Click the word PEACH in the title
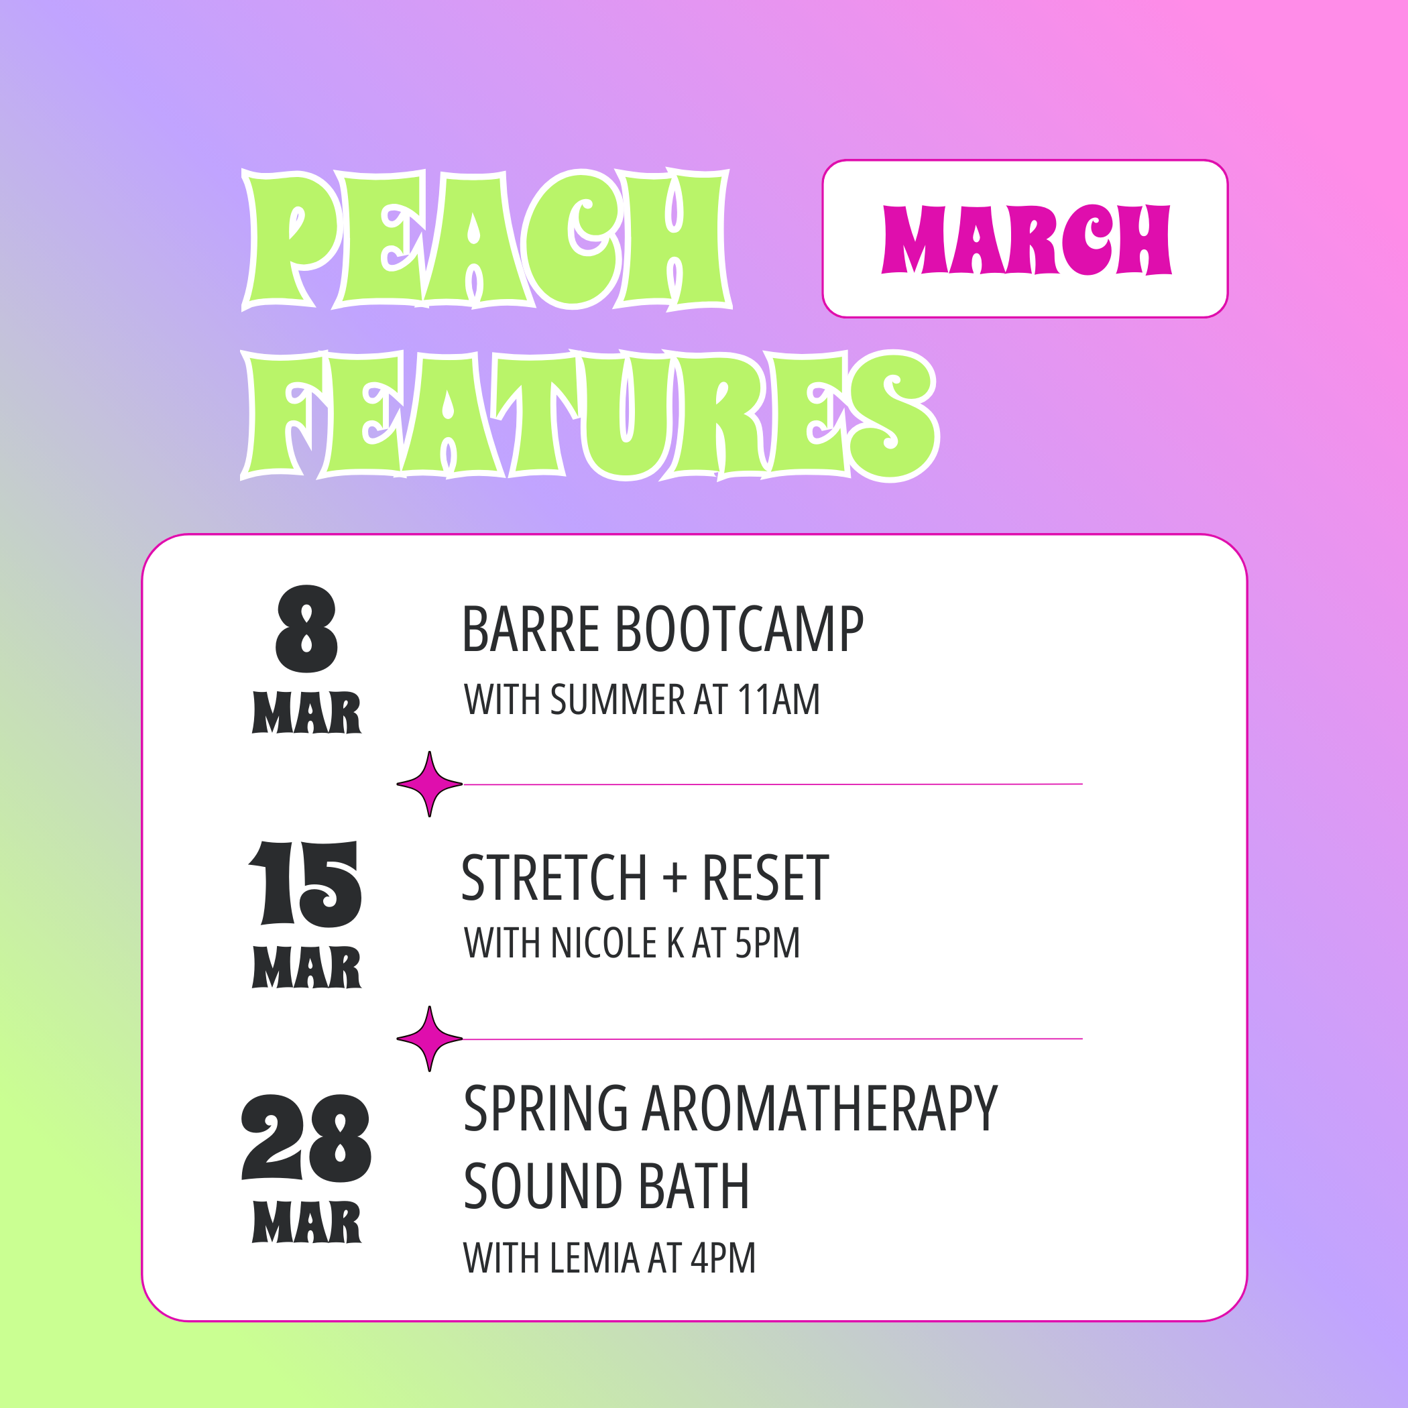click(486, 239)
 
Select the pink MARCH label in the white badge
click(1026, 239)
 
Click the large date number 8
click(307, 629)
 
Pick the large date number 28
click(306, 1138)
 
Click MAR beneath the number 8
click(307, 712)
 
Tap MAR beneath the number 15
click(307, 967)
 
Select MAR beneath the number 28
click(307, 1222)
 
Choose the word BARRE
click(530, 629)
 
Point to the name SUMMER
click(618, 699)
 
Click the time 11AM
click(778, 699)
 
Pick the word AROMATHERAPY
click(819, 1108)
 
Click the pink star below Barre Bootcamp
click(429, 784)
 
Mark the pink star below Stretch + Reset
click(429, 1039)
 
